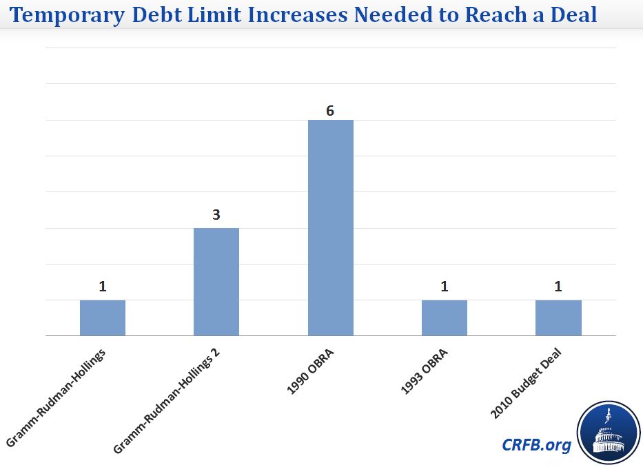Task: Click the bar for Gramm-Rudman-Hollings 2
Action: (x=216, y=282)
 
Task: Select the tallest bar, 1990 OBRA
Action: (x=330, y=228)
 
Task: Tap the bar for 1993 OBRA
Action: (x=445, y=318)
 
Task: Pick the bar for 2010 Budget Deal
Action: (x=558, y=318)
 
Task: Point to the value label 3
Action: (x=216, y=215)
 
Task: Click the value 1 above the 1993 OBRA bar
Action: (x=445, y=286)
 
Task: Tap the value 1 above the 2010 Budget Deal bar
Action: (x=558, y=286)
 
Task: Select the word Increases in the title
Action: (x=303, y=14)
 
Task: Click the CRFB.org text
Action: (x=536, y=445)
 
